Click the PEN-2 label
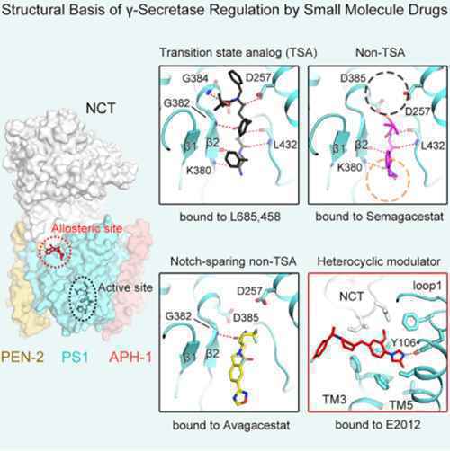click(x=22, y=357)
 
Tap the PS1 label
click(x=75, y=357)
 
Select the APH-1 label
click(x=130, y=357)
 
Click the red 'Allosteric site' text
click(x=87, y=228)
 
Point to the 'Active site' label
click(x=125, y=287)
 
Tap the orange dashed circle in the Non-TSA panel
click(x=366, y=181)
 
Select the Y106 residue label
click(x=403, y=342)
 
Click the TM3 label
click(x=335, y=399)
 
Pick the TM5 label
click(x=401, y=405)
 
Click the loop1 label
click(x=427, y=286)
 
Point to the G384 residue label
click(x=195, y=78)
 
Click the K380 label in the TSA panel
click(x=199, y=170)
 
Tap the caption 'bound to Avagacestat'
click(x=231, y=425)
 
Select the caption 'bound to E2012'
click(x=378, y=425)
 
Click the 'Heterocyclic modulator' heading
click(x=379, y=261)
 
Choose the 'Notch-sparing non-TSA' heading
click(x=233, y=261)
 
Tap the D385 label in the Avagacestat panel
click(x=246, y=317)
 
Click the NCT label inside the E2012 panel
click(x=352, y=296)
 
